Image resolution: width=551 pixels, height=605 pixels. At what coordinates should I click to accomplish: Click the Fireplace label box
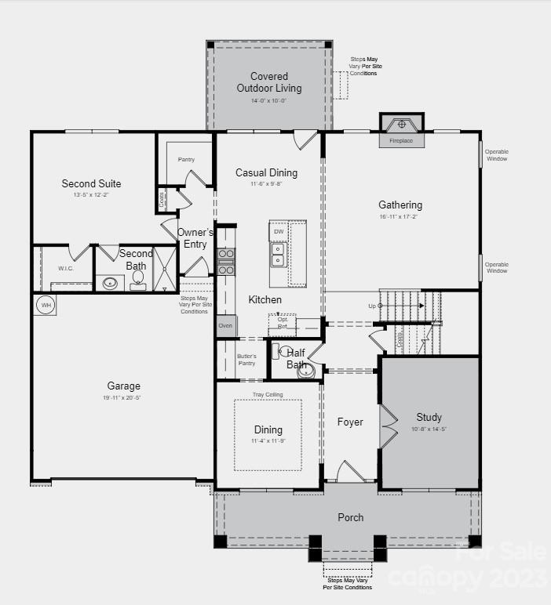point(401,141)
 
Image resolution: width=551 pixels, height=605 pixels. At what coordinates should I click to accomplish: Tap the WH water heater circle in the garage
point(46,305)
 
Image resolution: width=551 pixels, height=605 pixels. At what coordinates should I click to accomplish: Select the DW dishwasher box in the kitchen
point(279,232)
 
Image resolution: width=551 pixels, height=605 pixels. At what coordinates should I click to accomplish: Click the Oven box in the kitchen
point(225,325)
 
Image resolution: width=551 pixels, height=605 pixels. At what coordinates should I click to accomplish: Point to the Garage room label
point(124,386)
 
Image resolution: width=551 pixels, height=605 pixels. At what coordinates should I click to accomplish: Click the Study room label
point(429,417)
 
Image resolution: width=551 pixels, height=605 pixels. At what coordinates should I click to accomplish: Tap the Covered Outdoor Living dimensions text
point(268,100)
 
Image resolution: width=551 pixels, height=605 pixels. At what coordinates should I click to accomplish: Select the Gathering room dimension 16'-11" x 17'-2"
point(400,217)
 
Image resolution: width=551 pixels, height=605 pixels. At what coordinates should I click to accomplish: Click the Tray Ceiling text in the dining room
point(268,394)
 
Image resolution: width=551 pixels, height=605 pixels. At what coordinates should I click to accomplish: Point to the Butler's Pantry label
point(246,360)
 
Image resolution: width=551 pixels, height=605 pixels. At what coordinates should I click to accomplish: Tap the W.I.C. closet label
point(65,269)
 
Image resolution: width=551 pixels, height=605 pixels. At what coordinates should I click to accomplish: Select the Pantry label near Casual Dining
point(186,160)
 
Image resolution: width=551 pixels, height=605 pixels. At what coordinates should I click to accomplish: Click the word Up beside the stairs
point(372,306)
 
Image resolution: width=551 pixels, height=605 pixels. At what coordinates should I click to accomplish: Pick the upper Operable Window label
point(496,155)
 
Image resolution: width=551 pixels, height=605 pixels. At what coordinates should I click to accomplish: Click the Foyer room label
point(350,422)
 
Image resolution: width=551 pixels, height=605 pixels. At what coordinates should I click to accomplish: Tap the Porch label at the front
point(350,517)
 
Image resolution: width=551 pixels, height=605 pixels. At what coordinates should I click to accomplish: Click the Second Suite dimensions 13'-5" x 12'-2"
point(92,194)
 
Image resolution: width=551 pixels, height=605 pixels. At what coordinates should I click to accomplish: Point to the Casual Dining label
point(267,172)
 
